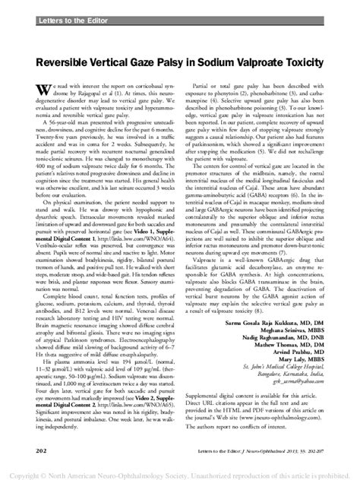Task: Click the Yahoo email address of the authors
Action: (x=304, y=406)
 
